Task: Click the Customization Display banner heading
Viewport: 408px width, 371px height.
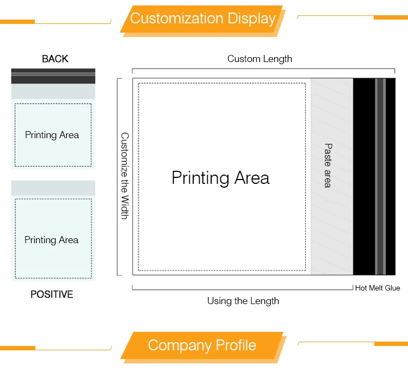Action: tap(202, 18)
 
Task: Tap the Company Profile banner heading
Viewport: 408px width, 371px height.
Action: tap(202, 345)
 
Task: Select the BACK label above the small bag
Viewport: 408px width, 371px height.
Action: tap(55, 59)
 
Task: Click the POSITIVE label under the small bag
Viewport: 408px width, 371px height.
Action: tap(52, 294)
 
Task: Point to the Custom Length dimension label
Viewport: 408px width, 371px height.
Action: tap(259, 59)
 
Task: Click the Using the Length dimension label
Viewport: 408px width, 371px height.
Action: tap(243, 301)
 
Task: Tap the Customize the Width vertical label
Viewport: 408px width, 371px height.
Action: tap(125, 176)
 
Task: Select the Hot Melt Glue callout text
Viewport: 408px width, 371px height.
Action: tap(378, 288)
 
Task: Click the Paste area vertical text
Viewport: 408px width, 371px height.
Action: tap(328, 165)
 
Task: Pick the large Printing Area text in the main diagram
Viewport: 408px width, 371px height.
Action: tap(220, 178)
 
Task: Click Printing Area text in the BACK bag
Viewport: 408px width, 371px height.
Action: tap(52, 135)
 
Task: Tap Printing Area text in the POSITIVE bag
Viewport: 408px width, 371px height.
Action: tap(52, 240)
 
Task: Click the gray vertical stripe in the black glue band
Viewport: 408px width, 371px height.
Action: tap(380, 177)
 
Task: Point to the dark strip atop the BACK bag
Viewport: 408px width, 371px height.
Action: tap(53, 76)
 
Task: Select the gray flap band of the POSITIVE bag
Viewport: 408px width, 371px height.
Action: tap(53, 188)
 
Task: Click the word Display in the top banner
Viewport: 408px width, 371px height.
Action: tap(250, 18)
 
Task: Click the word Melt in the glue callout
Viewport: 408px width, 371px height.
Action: tap(378, 288)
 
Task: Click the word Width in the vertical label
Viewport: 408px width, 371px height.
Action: tap(125, 208)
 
